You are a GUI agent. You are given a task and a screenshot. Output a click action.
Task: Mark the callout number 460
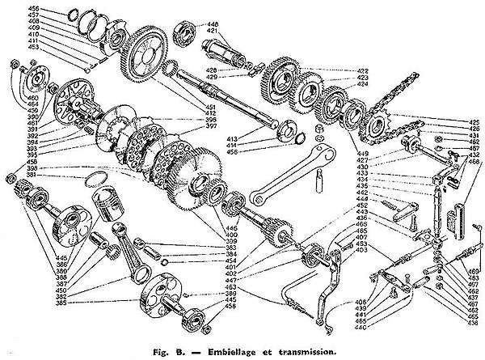click(11, 96)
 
